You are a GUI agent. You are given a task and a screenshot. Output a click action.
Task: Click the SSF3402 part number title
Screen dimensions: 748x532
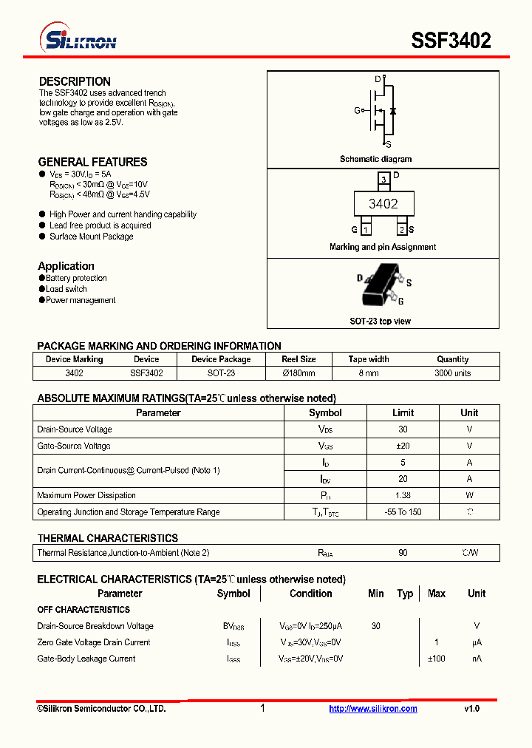tap(451, 41)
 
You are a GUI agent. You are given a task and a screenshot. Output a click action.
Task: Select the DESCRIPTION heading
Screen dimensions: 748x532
tap(75, 81)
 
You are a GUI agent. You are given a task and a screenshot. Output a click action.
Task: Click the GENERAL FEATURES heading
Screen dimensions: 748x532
tap(92, 162)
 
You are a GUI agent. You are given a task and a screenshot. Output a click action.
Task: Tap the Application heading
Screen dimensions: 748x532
tap(66, 266)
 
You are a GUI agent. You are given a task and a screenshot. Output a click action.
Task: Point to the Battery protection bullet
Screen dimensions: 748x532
tap(76, 278)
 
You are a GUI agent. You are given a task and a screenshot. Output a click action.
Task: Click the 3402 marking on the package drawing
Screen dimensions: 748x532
tap(383, 204)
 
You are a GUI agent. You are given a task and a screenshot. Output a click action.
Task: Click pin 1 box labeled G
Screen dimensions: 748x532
tap(365, 230)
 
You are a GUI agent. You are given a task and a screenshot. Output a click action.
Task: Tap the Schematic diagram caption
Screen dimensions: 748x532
tap(375, 159)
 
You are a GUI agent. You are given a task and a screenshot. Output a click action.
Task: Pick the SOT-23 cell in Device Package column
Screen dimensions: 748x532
tap(221, 373)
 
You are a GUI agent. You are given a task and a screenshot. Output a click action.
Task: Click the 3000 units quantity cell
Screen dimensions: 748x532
tap(452, 373)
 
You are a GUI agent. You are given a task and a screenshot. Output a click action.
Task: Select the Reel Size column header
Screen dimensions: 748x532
tap(299, 359)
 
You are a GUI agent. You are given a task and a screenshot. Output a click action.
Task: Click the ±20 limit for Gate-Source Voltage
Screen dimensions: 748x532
tap(403, 446)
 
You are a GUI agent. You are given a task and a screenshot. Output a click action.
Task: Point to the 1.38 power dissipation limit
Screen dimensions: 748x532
tap(403, 495)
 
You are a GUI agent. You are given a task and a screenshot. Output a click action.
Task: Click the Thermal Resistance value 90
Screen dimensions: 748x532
tap(403, 553)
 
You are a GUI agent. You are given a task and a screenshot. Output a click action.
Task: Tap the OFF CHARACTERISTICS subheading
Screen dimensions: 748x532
tap(83, 610)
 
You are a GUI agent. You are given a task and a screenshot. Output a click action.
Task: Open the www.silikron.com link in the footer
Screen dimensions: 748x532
tap(372, 709)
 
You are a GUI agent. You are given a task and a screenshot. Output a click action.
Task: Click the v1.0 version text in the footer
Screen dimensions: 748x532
tap(471, 709)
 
